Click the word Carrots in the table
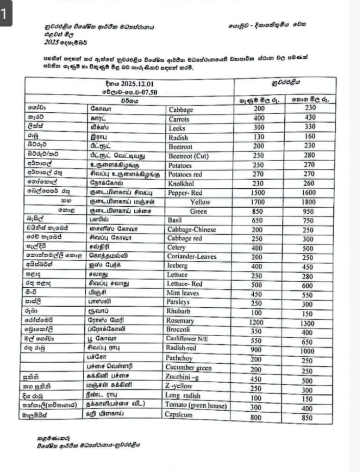click(178, 119)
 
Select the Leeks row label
click(175, 128)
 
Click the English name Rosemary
click(180, 321)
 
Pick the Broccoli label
click(179, 330)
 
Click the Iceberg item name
click(177, 266)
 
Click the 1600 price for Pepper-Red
click(310, 193)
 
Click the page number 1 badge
click(5, 15)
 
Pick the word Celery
click(176, 247)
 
